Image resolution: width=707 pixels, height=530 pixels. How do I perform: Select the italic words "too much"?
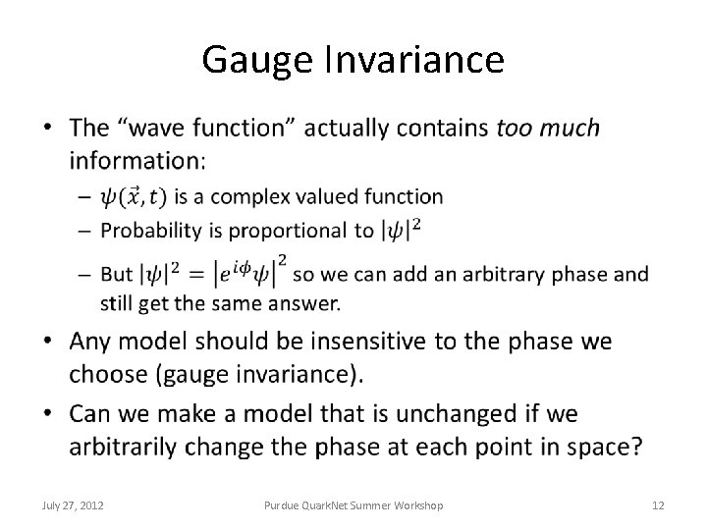point(548,128)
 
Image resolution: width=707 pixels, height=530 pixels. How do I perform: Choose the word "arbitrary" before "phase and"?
point(508,274)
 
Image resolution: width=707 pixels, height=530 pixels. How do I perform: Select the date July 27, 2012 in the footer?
point(75,505)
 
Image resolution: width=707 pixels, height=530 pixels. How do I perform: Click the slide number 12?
point(658,505)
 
